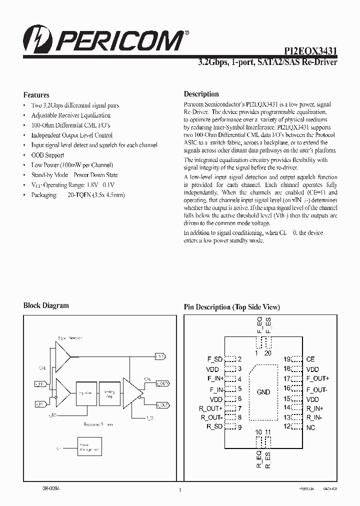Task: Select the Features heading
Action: [36, 94]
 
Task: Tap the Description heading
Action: [201, 93]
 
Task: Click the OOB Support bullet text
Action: [47, 155]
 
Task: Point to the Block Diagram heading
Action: [46, 305]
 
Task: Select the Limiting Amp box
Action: [108, 393]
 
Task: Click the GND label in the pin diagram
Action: [263, 392]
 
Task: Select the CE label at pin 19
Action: [310, 359]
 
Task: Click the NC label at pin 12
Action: [310, 427]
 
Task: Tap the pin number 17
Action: [287, 378]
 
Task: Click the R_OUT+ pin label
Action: [210, 408]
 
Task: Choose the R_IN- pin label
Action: [314, 417]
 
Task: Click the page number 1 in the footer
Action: [179, 490]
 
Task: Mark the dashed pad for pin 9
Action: [230, 427]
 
